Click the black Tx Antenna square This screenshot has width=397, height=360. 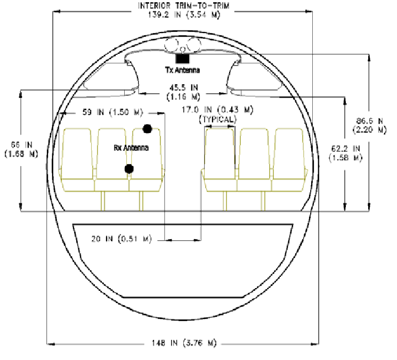[183, 59]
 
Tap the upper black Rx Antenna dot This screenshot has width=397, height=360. [148, 129]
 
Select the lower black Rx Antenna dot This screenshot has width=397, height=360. [129, 169]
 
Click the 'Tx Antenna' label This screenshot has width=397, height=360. [183, 70]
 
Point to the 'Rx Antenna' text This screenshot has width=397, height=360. [131, 148]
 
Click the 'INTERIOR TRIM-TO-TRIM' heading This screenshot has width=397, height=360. [184, 5]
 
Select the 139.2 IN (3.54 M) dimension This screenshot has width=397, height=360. [184, 15]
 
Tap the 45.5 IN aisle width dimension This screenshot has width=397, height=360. [183, 92]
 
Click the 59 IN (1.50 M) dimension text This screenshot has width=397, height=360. [113, 112]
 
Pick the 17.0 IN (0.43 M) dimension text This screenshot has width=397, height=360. [217, 110]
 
